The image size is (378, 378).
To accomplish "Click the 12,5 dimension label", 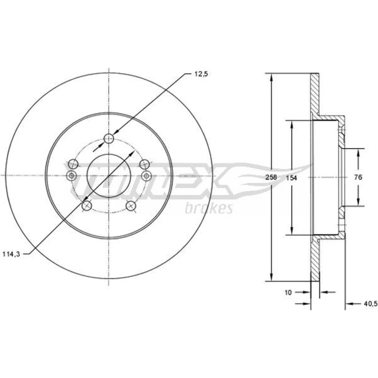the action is (x=201, y=74).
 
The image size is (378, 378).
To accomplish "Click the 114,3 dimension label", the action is (x=11, y=254).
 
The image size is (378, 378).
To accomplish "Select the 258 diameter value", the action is (x=271, y=177).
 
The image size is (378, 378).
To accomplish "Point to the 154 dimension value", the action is (x=291, y=178).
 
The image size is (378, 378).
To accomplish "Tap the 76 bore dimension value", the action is (x=358, y=177).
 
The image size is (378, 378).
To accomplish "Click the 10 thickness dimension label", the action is (x=288, y=293).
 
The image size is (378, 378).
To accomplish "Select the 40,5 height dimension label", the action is (x=370, y=304).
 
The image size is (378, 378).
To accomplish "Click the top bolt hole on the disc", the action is (x=109, y=138).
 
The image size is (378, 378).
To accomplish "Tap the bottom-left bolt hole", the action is (x=87, y=206).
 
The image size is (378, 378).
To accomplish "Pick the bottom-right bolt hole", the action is (x=131, y=206).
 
